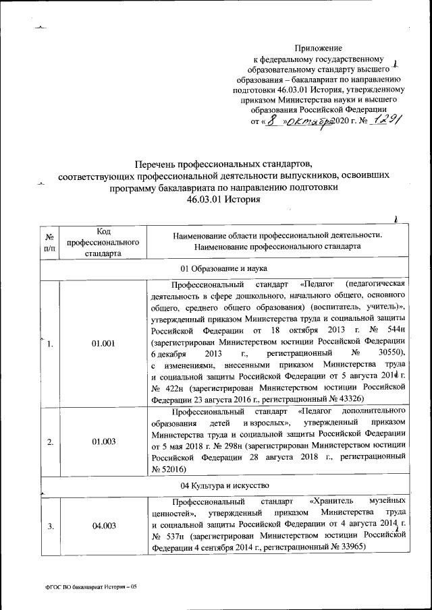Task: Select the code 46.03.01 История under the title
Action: click(x=223, y=200)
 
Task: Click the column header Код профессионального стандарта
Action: click(x=103, y=241)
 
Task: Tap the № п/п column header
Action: click(x=49, y=241)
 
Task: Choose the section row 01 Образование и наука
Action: click(x=224, y=268)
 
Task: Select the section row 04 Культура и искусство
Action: click(x=224, y=485)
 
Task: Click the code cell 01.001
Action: click(x=103, y=343)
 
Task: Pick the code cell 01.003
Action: click(x=103, y=441)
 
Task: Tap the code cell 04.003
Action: click(x=103, y=526)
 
